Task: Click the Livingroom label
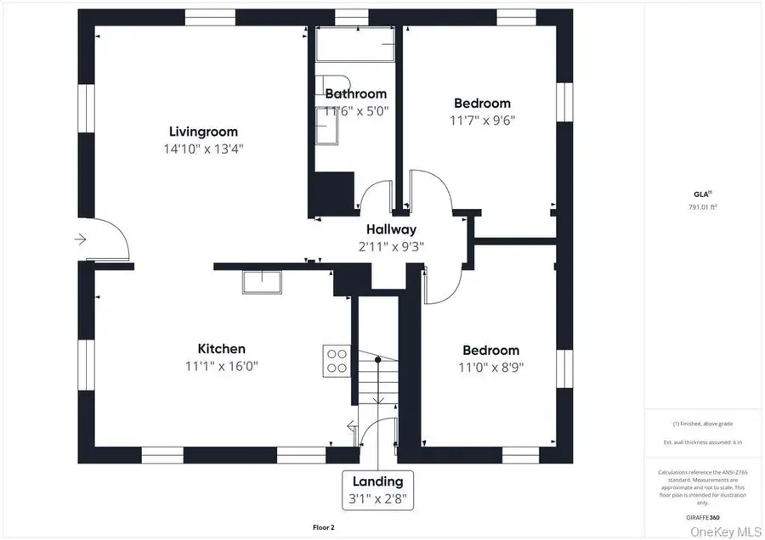click(203, 132)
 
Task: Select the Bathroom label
click(355, 93)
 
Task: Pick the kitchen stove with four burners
click(337, 360)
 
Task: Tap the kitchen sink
click(263, 281)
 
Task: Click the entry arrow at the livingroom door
click(81, 239)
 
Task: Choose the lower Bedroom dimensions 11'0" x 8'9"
click(490, 368)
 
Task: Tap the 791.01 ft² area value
click(702, 206)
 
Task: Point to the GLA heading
click(701, 194)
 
